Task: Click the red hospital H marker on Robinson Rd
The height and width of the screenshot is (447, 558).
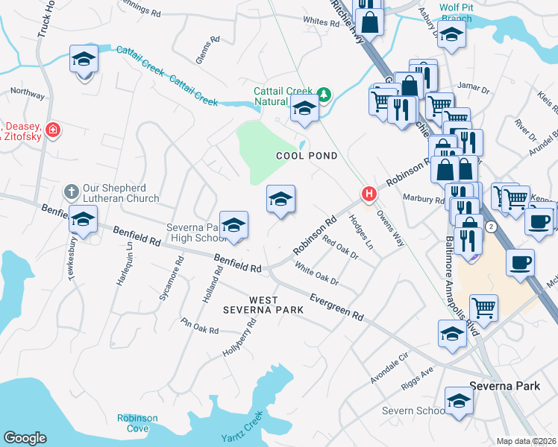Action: pyautogui.click(x=369, y=194)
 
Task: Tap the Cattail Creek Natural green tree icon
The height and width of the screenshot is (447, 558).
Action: pyautogui.click(x=324, y=94)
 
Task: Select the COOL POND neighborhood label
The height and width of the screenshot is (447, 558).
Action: pyautogui.click(x=307, y=156)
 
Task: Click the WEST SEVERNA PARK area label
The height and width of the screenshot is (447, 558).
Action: pyautogui.click(x=266, y=305)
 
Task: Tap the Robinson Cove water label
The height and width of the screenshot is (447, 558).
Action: pyautogui.click(x=137, y=423)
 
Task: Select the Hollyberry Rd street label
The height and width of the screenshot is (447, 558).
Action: pyautogui.click(x=239, y=337)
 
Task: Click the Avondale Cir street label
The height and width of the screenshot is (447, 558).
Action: pyautogui.click(x=391, y=370)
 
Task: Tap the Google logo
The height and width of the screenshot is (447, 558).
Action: pyautogui.click(x=25, y=438)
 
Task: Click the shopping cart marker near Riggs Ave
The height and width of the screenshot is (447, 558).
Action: pyautogui.click(x=484, y=307)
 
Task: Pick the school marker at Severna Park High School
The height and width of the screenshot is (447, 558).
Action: pyautogui.click(x=233, y=226)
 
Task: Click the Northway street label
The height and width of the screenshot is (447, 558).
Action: pyautogui.click(x=28, y=93)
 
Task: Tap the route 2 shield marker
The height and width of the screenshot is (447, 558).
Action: pyautogui.click(x=490, y=226)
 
